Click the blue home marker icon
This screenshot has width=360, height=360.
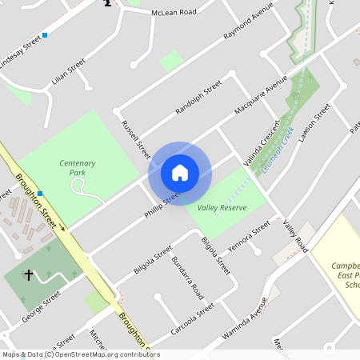click(x=179, y=173)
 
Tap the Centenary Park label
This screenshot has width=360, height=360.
click(x=78, y=167)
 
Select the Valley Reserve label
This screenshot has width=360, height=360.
click(x=222, y=208)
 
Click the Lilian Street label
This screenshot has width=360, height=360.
click(x=68, y=72)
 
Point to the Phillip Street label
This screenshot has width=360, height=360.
click(x=162, y=204)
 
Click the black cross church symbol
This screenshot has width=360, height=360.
click(x=29, y=275)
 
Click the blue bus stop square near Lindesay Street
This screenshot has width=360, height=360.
click(x=46, y=35)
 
